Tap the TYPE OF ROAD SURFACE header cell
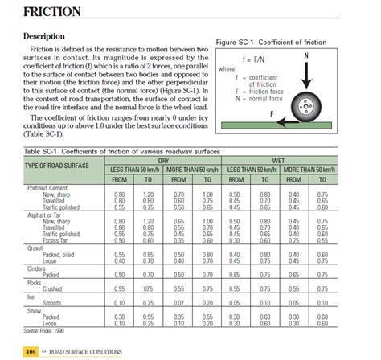(56, 165)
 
